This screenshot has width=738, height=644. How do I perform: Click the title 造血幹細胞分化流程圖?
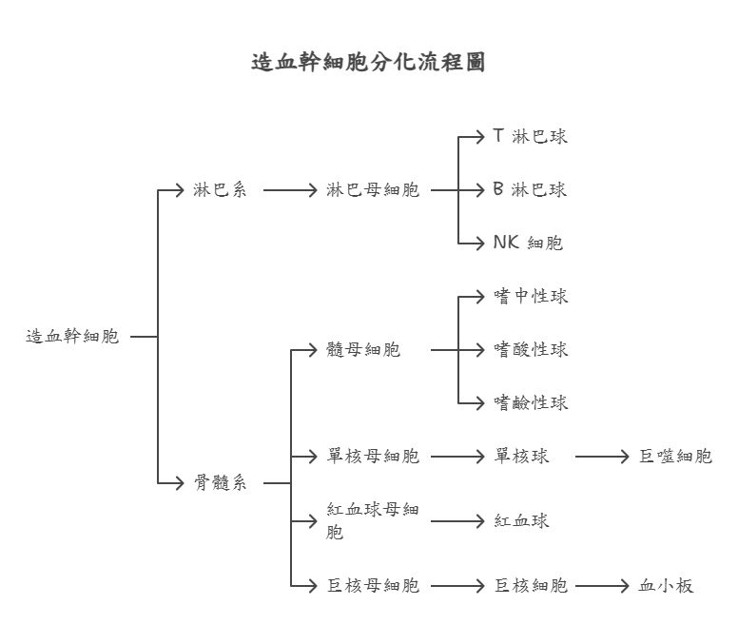368,63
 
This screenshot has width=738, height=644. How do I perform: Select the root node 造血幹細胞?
72,336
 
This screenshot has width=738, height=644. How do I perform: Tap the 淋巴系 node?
220,190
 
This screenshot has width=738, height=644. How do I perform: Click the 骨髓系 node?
220,483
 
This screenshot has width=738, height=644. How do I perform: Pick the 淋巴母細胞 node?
373,190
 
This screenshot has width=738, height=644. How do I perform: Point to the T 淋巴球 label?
530,136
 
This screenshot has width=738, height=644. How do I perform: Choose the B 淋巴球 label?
530,189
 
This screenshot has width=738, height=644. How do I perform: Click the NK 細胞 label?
528,243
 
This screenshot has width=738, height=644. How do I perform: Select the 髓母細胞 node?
363,350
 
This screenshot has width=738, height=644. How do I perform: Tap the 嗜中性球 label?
531,297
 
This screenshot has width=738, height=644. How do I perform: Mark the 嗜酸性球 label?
531,350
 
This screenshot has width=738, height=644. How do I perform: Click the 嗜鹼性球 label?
531,403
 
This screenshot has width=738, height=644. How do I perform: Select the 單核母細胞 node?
373,457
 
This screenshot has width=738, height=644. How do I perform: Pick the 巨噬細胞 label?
675,457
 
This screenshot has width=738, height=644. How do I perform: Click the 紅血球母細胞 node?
373,521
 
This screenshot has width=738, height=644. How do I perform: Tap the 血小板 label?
666,586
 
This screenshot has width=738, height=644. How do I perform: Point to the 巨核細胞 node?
531,586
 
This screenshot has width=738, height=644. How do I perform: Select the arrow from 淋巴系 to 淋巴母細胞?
289,190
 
